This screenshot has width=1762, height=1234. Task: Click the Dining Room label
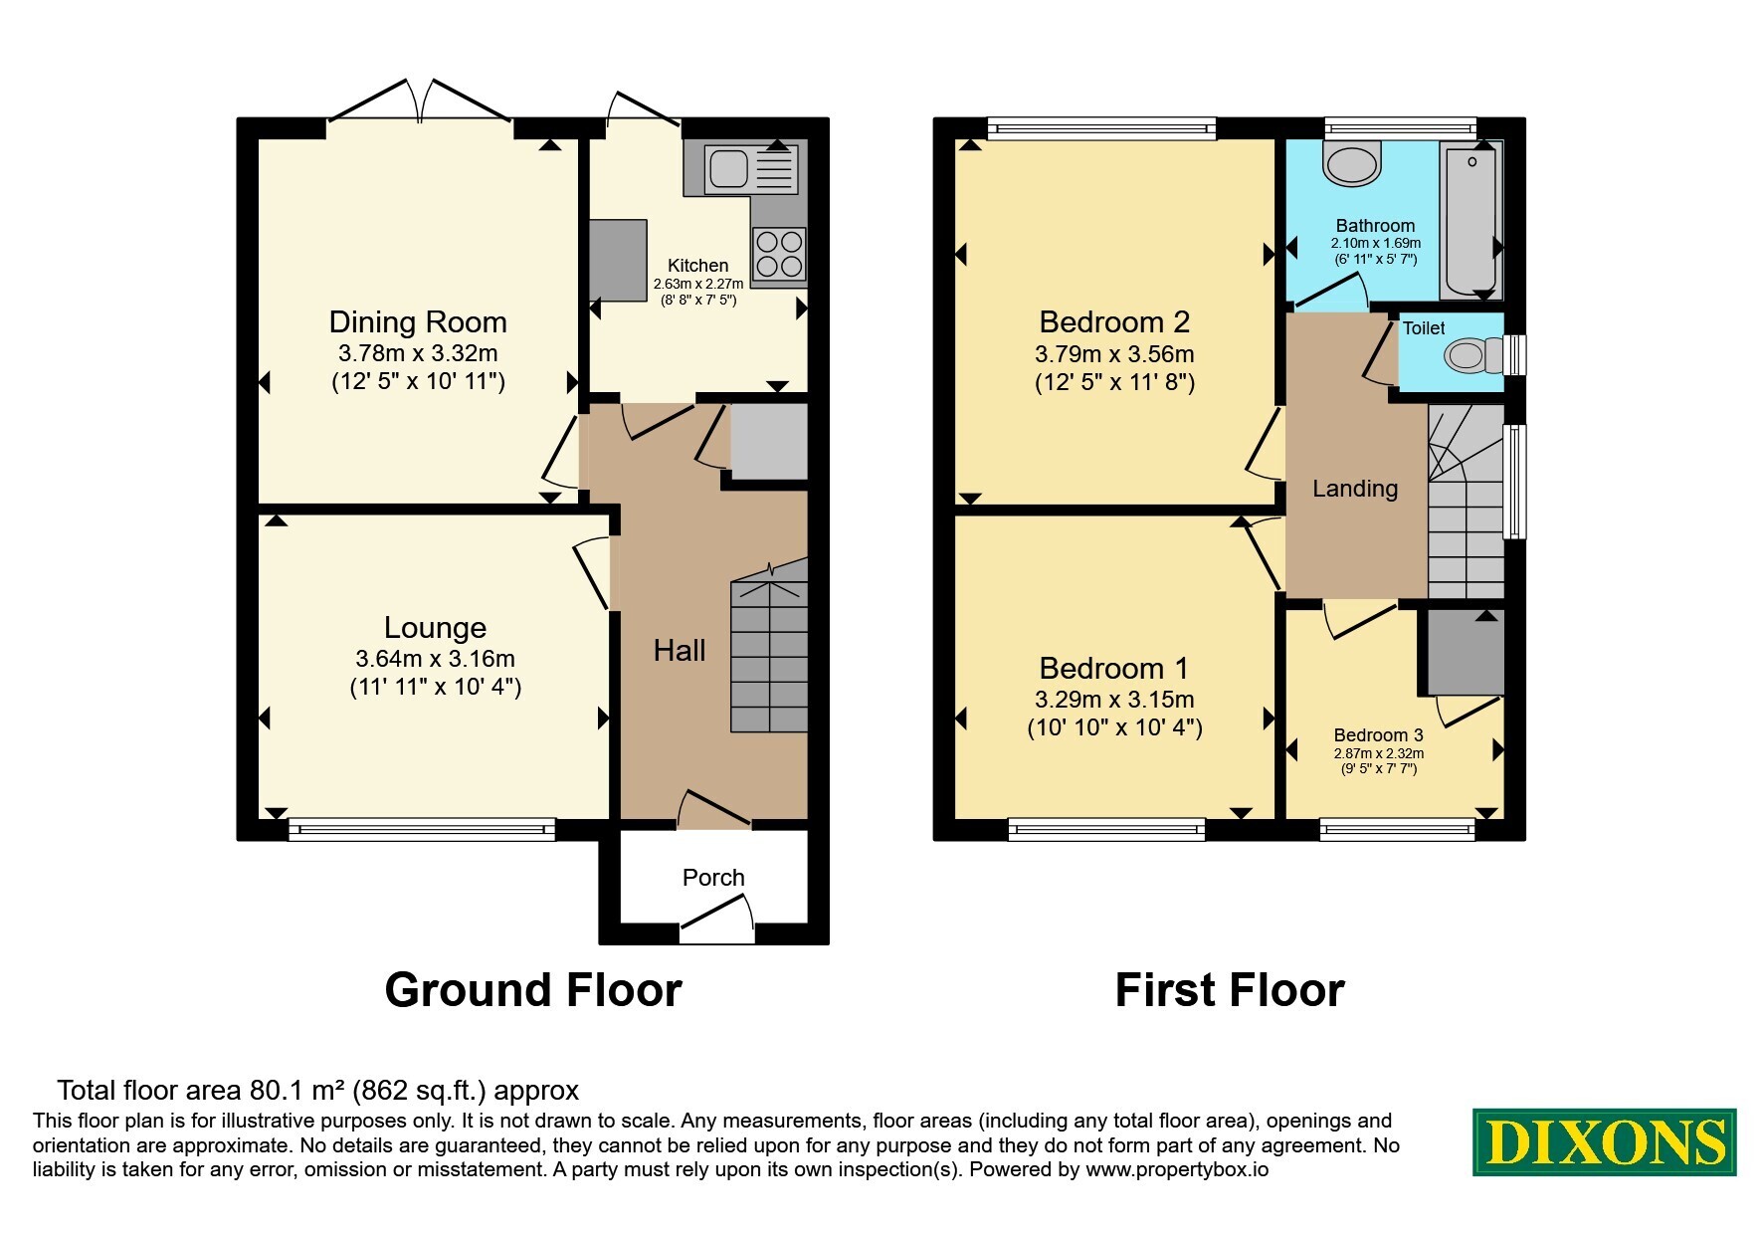coord(418,321)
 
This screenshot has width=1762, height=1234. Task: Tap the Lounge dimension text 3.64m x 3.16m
coord(435,658)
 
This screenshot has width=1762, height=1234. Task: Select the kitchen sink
coord(750,167)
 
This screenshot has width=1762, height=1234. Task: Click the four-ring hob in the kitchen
coord(779,254)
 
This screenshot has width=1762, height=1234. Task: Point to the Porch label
coord(713,877)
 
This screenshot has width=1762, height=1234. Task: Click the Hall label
coord(680,650)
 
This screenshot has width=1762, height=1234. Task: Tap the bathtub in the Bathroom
coord(1470,219)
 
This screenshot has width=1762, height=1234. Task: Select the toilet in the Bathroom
coord(1352,162)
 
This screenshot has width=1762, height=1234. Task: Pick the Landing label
coord(1355,488)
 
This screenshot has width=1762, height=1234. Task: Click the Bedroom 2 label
coord(1114,321)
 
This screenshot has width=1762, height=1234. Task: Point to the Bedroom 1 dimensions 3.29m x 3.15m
coord(1114,699)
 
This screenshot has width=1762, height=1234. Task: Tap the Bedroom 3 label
coord(1379,735)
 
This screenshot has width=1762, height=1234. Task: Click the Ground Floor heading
coord(533,990)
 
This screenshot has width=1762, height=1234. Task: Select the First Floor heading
coord(1230,990)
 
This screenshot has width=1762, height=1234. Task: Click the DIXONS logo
coord(1605,1142)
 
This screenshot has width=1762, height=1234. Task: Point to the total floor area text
coord(318,1091)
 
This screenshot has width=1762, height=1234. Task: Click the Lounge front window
coord(422,828)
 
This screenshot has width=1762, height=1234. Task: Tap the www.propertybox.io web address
coord(1177,1170)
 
